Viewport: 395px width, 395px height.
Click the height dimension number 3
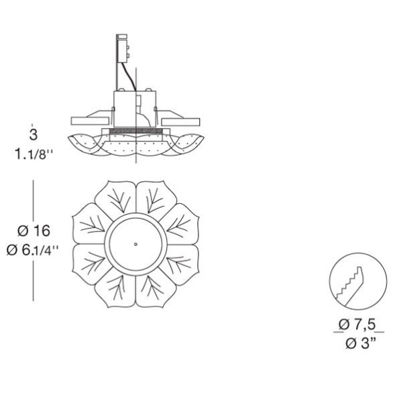34,135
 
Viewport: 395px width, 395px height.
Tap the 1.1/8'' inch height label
34,154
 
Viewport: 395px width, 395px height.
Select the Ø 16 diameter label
34,231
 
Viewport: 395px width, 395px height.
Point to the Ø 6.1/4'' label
32,250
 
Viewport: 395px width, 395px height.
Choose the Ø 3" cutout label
361,343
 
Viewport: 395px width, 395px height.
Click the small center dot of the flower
135,244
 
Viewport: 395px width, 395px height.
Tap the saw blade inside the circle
350,284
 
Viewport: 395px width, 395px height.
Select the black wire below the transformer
129,76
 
